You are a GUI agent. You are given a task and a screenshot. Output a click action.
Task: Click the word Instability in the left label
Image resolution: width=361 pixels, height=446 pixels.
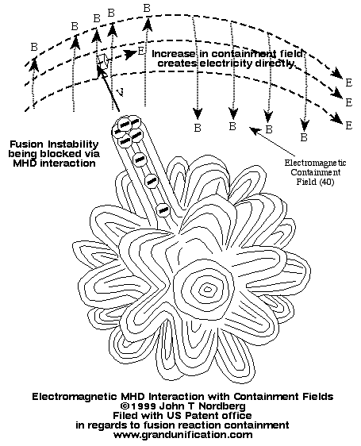(x=74, y=144)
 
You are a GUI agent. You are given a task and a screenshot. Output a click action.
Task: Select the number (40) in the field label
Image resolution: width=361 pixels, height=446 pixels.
(x=327, y=182)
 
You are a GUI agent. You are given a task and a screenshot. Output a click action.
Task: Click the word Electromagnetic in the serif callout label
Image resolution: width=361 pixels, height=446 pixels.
(x=316, y=163)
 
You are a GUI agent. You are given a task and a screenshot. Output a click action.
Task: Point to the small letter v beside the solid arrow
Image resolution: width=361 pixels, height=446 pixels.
(x=121, y=91)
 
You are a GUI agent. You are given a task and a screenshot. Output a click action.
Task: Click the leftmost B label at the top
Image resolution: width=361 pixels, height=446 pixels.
(x=34, y=47)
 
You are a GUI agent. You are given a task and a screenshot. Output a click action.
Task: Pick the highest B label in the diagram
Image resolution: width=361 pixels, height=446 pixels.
(x=147, y=8)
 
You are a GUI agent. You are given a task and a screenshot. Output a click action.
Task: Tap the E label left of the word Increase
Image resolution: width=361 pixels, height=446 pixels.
(x=140, y=52)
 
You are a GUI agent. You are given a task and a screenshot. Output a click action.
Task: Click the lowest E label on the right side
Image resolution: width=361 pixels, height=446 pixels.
(x=349, y=125)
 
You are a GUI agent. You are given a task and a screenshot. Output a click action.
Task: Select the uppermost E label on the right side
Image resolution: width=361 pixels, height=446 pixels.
(x=349, y=83)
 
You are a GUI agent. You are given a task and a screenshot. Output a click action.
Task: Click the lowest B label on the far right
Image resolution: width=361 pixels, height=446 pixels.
(x=304, y=137)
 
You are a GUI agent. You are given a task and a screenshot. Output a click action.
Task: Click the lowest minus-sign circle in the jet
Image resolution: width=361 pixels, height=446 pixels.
(x=163, y=210)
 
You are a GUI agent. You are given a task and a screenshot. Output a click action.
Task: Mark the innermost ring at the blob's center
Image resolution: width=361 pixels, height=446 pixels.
(x=208, y=290)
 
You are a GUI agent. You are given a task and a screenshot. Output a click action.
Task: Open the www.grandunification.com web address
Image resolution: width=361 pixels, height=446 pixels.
(x=182, y=435)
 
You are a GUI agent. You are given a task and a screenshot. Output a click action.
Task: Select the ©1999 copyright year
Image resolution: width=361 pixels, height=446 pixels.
(x=138, y=406)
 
